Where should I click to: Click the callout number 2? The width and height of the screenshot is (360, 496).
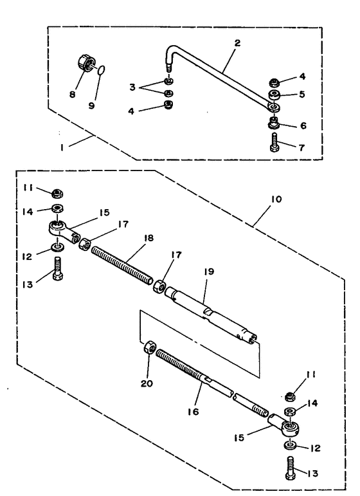(237, 42)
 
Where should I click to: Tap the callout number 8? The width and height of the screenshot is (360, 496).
(73, 94)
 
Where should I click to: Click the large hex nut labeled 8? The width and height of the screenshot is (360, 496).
(85, 63)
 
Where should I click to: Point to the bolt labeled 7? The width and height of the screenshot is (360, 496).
(274, 142)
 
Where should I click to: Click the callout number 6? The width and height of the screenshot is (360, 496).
(303, 125)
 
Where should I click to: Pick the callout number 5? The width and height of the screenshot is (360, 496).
(302, 94)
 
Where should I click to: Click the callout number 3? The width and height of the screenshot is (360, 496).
(132, 87)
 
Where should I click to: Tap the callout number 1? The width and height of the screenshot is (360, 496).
(62, 147)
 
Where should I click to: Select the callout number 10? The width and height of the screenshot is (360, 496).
(276, 199)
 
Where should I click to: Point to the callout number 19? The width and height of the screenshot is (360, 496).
(208, 271)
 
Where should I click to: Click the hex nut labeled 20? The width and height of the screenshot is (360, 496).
(150, 347)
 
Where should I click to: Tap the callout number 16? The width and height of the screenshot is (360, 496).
(193, 411)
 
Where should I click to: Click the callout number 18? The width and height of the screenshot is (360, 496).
(148, 237)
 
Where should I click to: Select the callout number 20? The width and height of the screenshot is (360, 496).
(147, 383)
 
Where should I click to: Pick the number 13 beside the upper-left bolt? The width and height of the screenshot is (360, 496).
(28, 284)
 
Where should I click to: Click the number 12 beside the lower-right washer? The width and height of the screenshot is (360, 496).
(316, 448)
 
